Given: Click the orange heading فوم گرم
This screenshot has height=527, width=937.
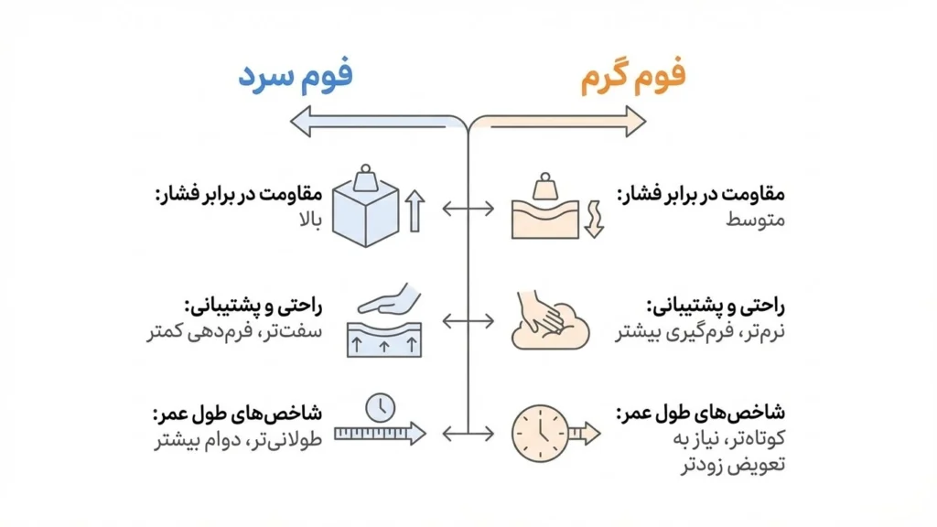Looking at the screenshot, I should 633,78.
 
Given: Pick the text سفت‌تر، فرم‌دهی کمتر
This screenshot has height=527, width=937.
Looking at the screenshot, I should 234,332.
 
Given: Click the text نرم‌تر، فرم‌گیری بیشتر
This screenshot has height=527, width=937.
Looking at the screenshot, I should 700,332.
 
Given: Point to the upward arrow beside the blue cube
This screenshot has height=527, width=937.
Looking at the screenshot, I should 415,210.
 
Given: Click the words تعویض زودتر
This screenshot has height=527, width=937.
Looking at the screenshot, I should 744,465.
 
